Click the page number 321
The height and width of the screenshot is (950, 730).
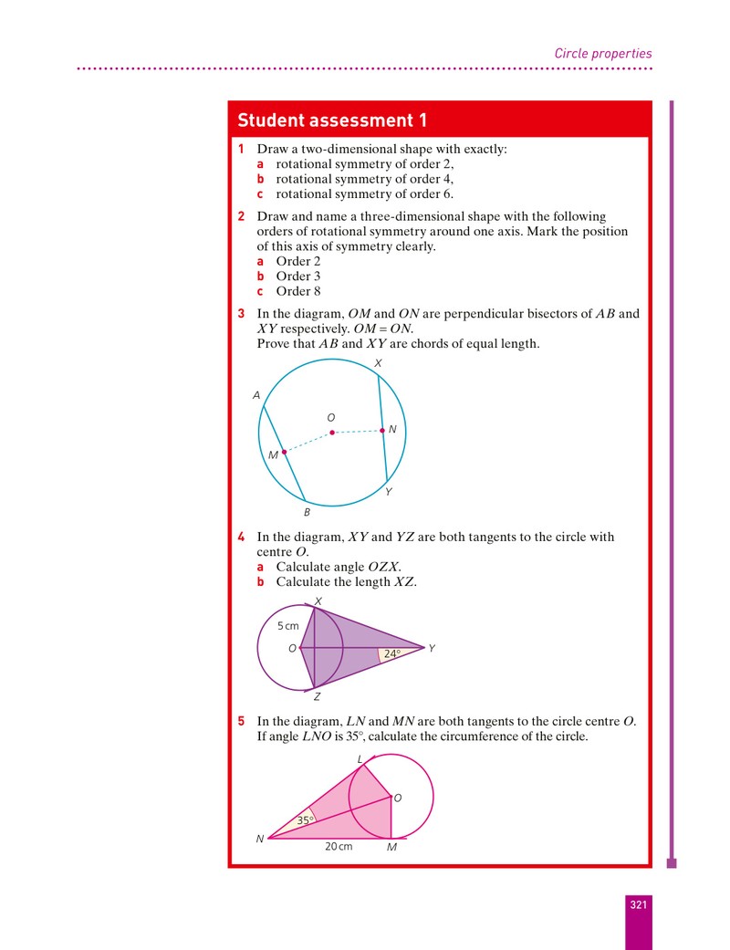[639, 904]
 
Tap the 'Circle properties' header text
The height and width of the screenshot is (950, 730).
[603, 53]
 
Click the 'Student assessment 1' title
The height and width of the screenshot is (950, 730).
[332, 120]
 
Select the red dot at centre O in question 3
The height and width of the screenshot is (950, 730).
[332, 433]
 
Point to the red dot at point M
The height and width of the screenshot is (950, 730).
[284, 452]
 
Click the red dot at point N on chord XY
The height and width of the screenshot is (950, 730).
[382, 431]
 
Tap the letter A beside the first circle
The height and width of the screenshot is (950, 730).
[256, 395]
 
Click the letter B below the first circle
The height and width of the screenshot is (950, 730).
[308, 513]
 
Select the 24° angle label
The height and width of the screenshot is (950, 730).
[392, 653]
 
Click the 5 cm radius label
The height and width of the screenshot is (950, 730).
[287, 626]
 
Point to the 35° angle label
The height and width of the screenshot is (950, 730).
[306, 820]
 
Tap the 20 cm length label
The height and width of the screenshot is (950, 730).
[339, 846]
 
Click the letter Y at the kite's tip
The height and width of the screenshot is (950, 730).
[432, 648]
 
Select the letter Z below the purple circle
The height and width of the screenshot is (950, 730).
[317, 697]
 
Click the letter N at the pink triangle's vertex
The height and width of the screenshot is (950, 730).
[260, 840]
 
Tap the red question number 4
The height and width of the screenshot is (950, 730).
[241, 537]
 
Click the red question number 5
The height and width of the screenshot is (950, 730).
[241, 721]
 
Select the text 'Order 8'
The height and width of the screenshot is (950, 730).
[298, 291]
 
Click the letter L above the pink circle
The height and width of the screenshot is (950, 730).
[360, 759]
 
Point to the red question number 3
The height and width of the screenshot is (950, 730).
[241, 313]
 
